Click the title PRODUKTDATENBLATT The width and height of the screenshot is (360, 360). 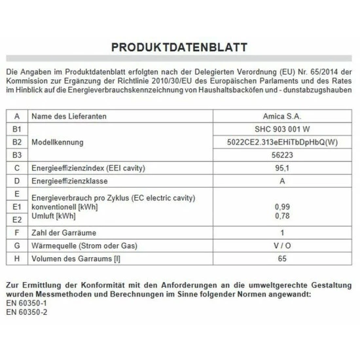179,48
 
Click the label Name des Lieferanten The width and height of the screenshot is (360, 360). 69,116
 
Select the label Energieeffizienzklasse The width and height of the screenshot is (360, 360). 69,181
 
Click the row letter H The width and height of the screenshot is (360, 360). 17,258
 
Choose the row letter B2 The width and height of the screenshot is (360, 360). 17,142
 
